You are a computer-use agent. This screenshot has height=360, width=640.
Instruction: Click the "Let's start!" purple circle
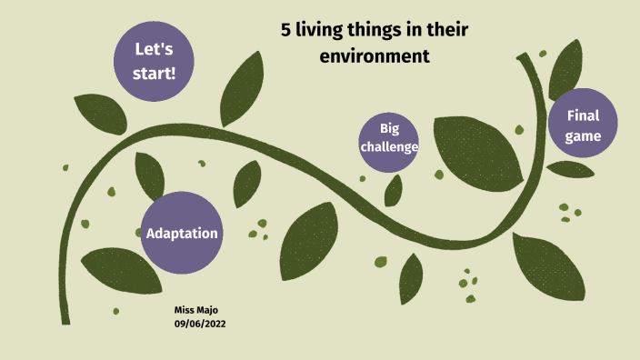pyautogui.click(x=155, y=60)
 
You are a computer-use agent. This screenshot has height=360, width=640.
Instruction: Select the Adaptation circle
pyautogui.click(x=182, y=233)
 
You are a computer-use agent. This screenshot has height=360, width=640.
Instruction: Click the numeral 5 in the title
pyautogui.click(x=286, y=32)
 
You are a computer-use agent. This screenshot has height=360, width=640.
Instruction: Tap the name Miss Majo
pyautogui.click(x=195, y=310)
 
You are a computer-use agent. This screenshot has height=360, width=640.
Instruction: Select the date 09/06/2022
pyautogui.click(x=200, y=324)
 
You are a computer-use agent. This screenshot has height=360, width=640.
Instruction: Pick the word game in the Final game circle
pyautogui.click(x=583, y=136)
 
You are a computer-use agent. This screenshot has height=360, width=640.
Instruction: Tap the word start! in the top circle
pyautogui.click(x=155, y=72)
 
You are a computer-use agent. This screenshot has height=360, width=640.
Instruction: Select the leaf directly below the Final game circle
pyautogui.click(x=570, y=169)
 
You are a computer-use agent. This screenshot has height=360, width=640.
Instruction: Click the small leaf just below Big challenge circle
pyautogui.click(x=394, y=191)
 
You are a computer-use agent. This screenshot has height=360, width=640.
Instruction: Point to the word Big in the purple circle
pyautogui.click(x=389, y=128)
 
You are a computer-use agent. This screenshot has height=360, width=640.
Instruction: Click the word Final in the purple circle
pyautogui.click(x=583, y=115)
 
